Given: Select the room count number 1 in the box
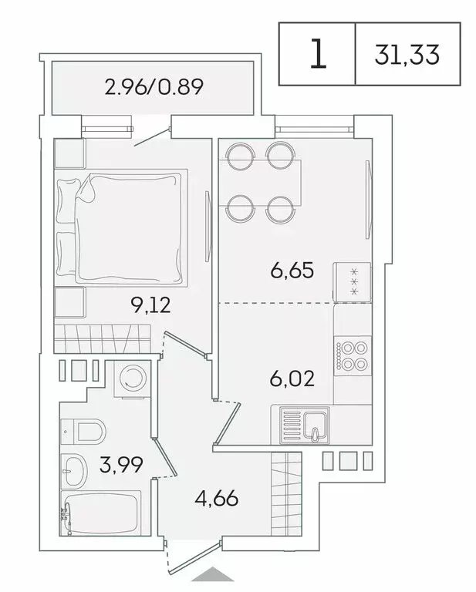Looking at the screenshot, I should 317,54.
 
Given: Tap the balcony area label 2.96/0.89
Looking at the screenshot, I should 154,86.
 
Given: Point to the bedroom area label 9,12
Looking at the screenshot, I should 150,305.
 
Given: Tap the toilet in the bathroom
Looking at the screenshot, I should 84,431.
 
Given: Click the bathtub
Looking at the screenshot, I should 100,511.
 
